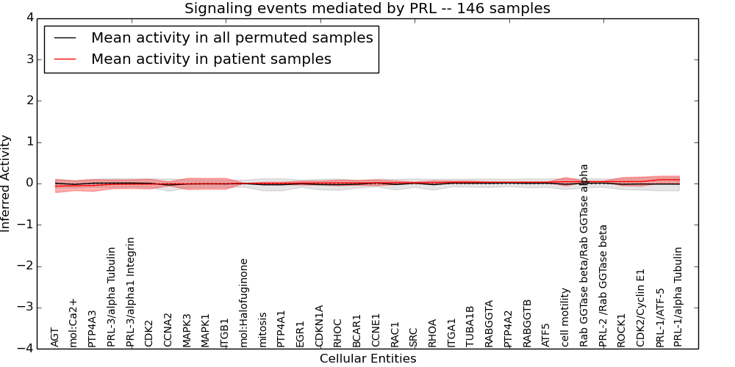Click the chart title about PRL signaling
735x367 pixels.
click(x=367, y=9)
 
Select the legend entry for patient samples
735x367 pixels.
click(x=211, y=59)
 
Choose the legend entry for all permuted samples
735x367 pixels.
click(x=232, y=38)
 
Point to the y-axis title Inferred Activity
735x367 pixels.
click(x=6, y=183)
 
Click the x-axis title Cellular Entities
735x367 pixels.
click(x=367, y=359)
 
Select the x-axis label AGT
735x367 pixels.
click(x=55, y=337)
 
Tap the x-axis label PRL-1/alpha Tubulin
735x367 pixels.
click(x=678, y=297)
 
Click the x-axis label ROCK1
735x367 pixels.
click(x=622, y=330)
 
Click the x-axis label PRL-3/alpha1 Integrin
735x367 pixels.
click(x=131, y=291)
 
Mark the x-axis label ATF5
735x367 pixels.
click(x=546, y=335)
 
